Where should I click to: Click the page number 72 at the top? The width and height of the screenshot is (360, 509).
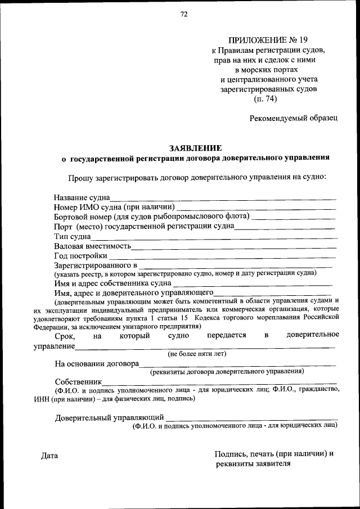click(183, 15)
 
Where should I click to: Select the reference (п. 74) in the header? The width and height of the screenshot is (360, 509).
click(265, 99)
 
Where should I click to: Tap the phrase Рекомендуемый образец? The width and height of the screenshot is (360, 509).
click(294, 118)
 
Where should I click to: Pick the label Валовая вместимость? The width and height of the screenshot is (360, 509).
click(92, 246)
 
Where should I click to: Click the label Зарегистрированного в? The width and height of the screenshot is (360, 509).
click(96, 264)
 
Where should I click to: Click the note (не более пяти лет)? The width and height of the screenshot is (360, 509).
click(197, 354)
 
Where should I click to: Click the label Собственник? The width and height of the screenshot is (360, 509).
click(78, 381)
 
